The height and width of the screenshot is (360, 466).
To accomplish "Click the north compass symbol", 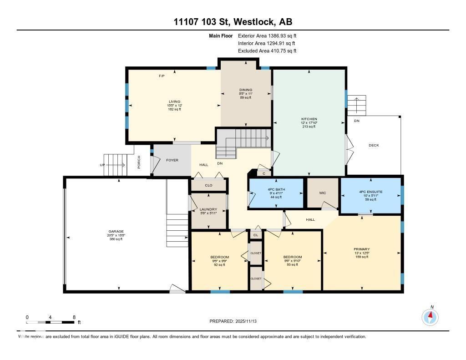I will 430,316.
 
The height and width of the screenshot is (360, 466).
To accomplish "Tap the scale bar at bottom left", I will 51,322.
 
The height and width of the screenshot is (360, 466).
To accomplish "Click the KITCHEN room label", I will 309,119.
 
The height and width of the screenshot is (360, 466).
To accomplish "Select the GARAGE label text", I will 116,231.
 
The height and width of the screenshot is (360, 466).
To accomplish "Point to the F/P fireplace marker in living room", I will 161,76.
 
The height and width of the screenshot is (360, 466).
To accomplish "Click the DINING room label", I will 246,90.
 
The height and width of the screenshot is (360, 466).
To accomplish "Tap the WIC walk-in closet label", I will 323,193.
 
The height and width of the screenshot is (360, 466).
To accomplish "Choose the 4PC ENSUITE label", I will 370,192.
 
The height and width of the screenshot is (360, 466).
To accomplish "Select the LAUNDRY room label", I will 208,210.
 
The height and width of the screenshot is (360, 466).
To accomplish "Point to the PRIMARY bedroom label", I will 361,249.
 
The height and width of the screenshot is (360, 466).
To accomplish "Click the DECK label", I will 374,145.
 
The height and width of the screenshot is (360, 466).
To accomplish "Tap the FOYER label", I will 172,160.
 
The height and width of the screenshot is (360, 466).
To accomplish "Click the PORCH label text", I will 139,162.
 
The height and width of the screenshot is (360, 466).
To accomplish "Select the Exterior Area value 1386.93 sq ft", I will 267,35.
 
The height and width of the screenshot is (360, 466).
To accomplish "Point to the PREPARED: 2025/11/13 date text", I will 236,321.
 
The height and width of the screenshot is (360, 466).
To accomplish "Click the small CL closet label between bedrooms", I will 255,235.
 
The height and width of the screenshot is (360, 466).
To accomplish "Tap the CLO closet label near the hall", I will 208,185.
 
